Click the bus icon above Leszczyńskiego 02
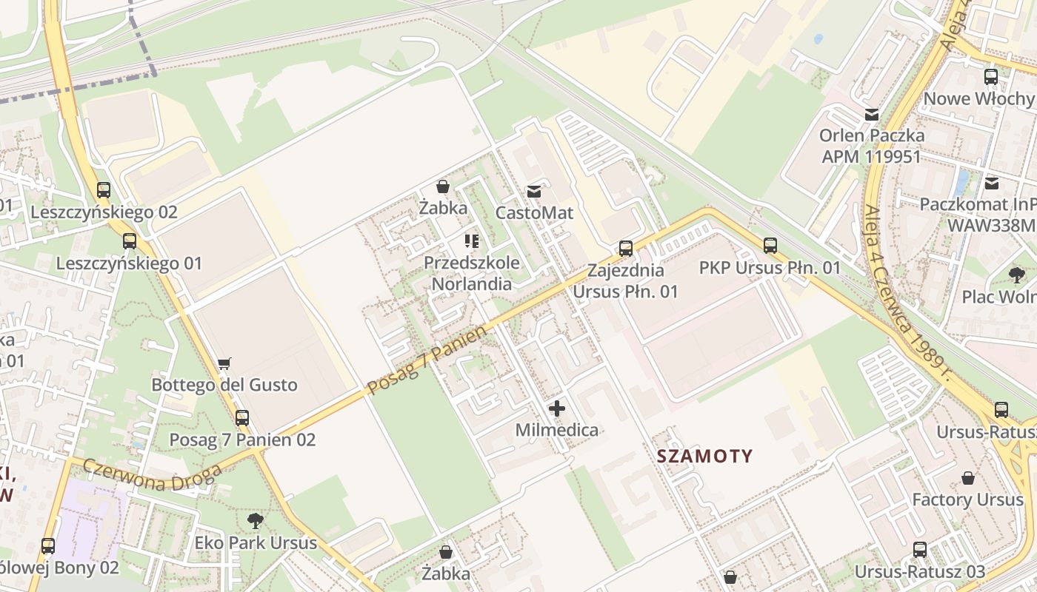pyautogui.click(x=104, y=190)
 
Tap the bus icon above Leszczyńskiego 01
pyautogui.click(x=130, y=241)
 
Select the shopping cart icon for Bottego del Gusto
pyautogui.click(x=224, y=363)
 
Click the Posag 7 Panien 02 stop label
pyautogui.click(x=242, y=440)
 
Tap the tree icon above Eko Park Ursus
pyautogui.click(x=256, y=521)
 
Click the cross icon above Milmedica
pyautogui.click(x=557, y=408)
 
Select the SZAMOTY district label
pyautogui.click(x=704, y=457)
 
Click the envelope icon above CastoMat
pyautogui.click(x=534, y=192)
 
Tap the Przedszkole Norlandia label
pyautogui.click(x=472, y=273)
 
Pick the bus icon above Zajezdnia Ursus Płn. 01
pyautogui.click(x=626, y=249)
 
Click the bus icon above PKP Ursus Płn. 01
pyautogui.click(x=770, y=246)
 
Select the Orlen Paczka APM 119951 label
pyautogui.click(x=872, y=146)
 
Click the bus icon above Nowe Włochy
pyautogui.click(x=991, y=77)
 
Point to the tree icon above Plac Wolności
pyautogui.click(x=1017, y=275)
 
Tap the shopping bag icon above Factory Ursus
pyautogui.click(x=968, y=478)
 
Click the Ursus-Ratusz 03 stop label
pyautogui.click(x=920, y=571)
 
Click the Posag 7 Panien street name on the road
pyautogui.click(x=427, y=360)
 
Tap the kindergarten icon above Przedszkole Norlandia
pyautogui.click(x=472, y=241)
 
